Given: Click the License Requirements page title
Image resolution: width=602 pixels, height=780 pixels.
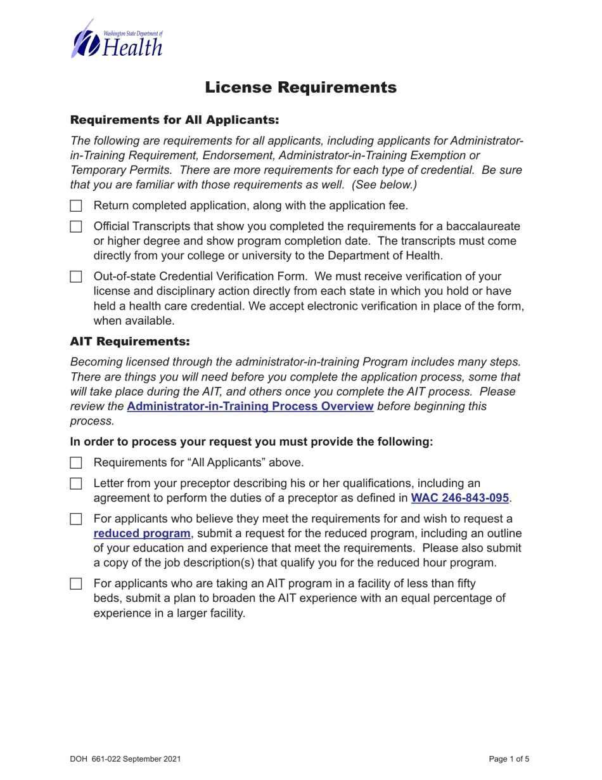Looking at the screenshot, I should [x=301, y=87].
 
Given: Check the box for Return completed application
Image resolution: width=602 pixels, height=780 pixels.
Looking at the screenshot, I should [x=76, y=205].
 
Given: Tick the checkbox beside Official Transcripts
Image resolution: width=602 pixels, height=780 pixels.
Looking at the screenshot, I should [x=76, y=226].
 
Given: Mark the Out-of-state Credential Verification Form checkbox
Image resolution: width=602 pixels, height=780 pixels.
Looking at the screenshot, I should [x=76, y=276].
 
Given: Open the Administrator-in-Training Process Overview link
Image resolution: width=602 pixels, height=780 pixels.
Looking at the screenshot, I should [x=250, y=406].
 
